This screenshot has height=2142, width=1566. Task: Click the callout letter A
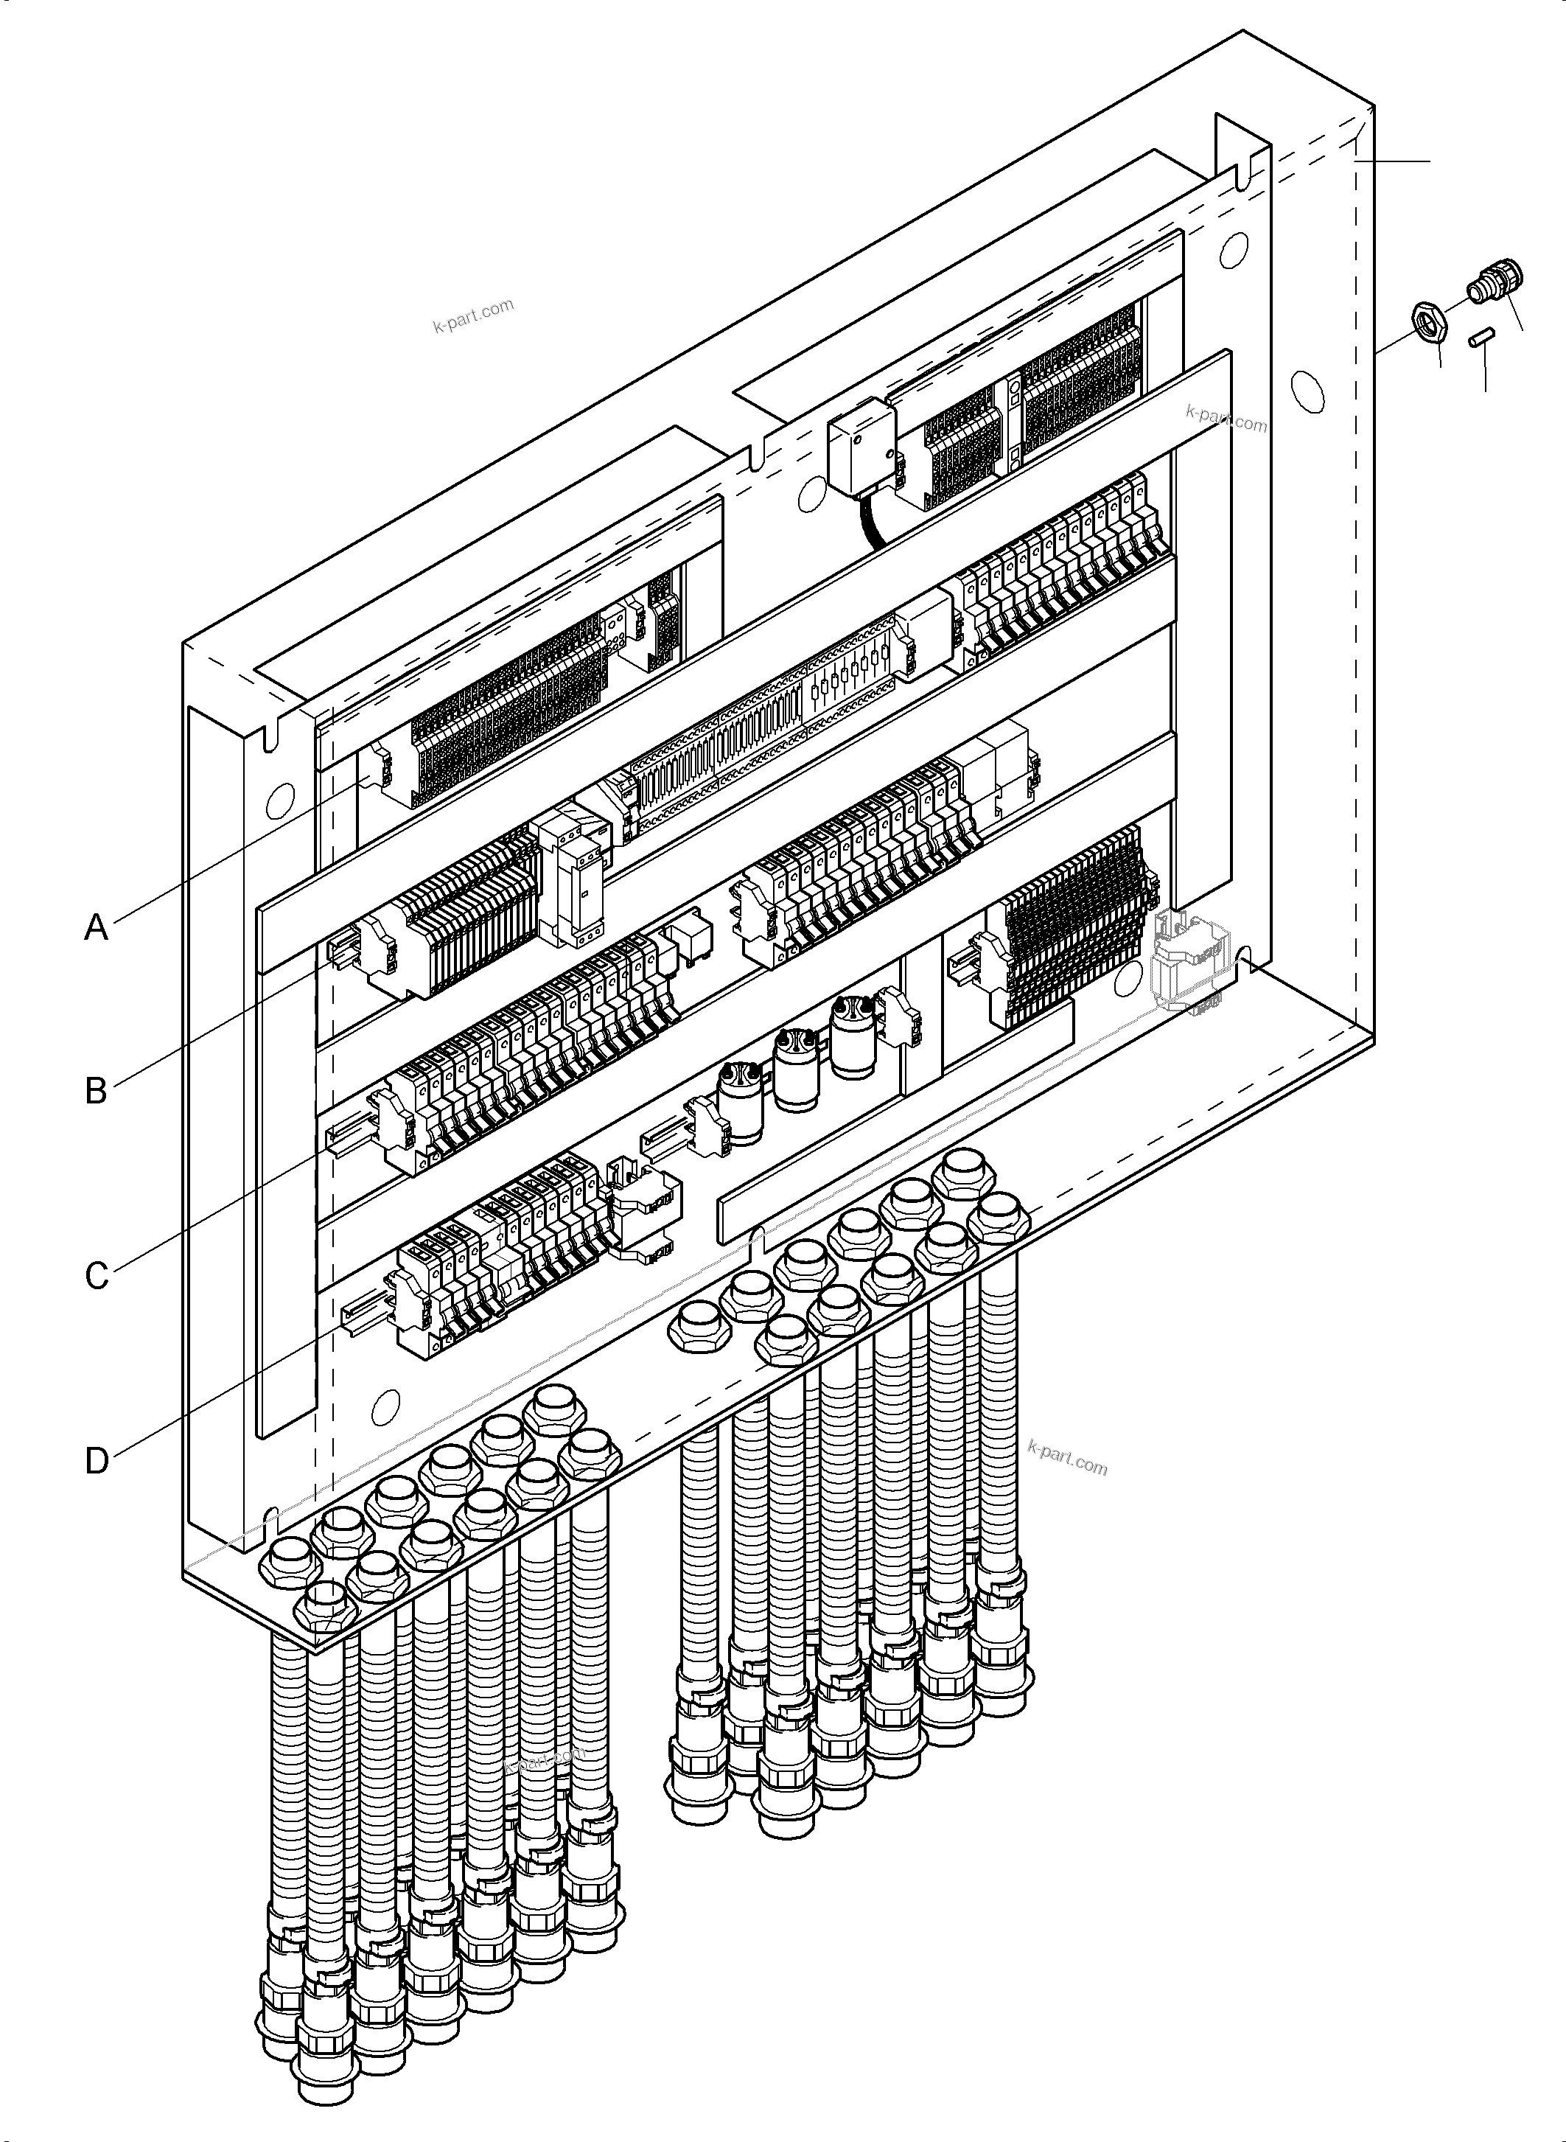(96, 927)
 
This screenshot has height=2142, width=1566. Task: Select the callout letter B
(96, 1090)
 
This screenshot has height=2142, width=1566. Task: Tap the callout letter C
(97, 1275)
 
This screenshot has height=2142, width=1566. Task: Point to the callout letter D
(97, 1460)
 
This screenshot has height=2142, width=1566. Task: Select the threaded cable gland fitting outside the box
(1495, 284)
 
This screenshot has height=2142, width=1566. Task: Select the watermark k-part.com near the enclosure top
(472, 315)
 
